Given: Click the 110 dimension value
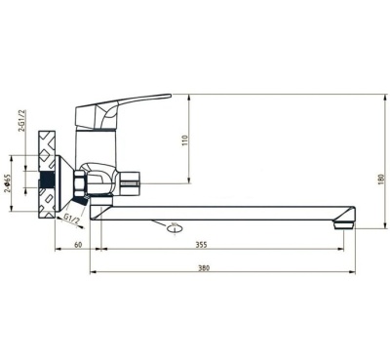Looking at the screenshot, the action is point(185,140).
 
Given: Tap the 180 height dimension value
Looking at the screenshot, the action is point(381,180).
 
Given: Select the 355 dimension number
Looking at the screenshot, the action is point(201,245).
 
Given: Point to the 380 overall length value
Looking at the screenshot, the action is point(204,267).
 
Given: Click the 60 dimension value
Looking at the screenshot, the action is point(78,245).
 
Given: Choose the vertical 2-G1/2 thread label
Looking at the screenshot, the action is point(21,121).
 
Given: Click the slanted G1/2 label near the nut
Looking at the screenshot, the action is point(72,219).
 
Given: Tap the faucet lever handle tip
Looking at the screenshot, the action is point(170,96).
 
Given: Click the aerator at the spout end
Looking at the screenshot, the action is point(344,224).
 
